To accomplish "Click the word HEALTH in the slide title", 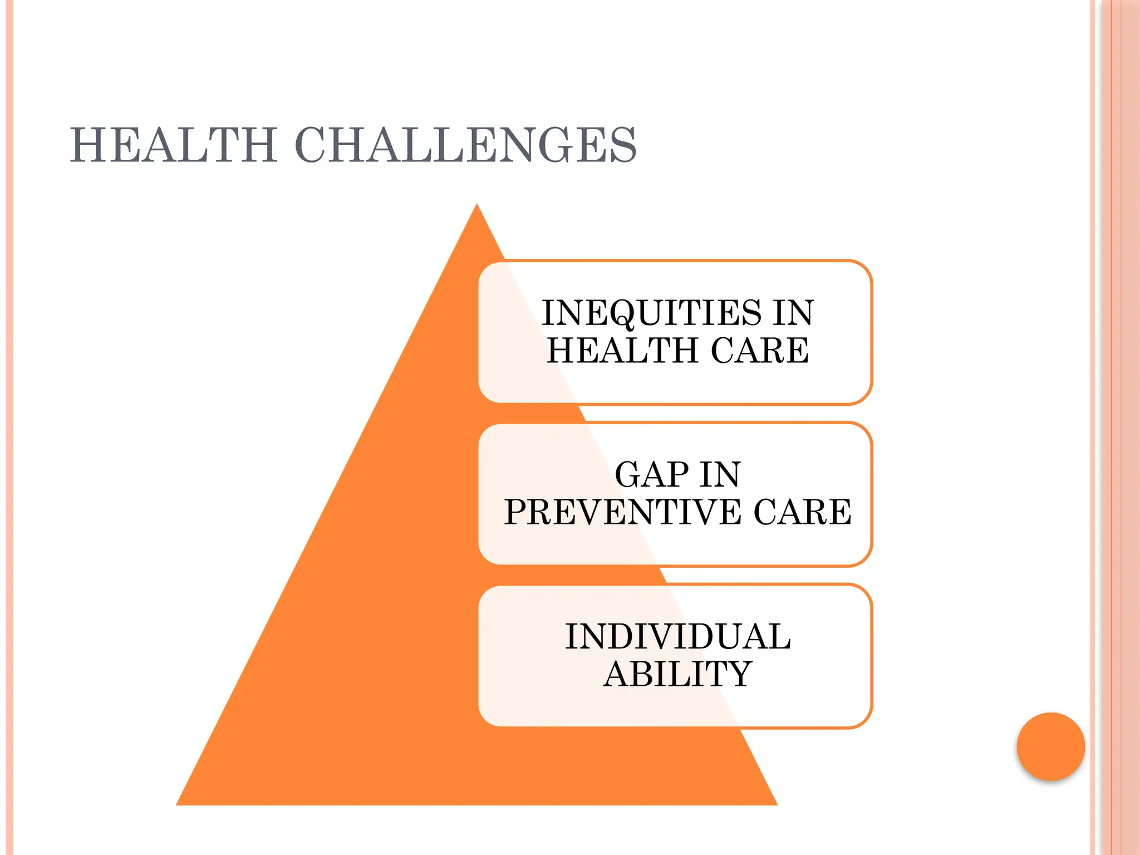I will coord(173,145).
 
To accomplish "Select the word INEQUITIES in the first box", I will coord(651,313).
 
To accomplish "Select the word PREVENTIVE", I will coord(622,512).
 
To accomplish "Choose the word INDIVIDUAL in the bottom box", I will coord(677,637).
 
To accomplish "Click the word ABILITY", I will coord(677,674).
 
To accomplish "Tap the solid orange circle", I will coord(1050,746).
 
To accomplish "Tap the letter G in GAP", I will coord(628,475).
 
